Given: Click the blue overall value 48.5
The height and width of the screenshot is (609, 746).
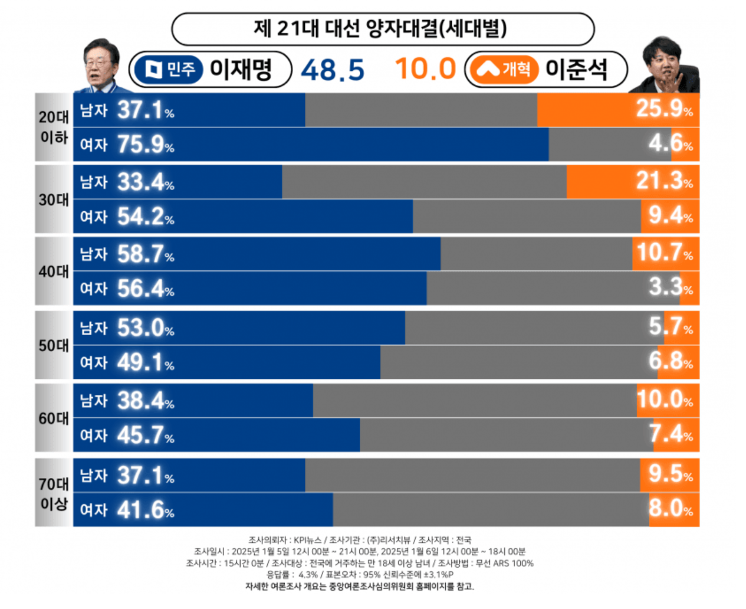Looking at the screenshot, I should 333,70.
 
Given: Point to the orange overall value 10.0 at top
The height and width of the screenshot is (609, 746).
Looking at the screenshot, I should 425,68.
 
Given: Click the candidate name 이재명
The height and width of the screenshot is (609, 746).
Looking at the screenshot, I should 241,69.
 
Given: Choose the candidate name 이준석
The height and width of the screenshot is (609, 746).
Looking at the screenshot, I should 576,69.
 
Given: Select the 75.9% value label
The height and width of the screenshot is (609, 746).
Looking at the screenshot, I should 145,145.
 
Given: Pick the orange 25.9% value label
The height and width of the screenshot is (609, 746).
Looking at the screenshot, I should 664,109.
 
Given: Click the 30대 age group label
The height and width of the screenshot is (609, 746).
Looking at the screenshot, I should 54,200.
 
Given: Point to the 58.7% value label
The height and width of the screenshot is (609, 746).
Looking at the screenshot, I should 145,254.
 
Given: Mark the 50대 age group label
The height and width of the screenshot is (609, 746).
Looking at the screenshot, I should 54,345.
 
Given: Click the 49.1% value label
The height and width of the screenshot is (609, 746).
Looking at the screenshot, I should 145,362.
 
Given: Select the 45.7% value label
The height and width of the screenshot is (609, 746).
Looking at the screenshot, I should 145,436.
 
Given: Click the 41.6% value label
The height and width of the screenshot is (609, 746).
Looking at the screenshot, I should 145,510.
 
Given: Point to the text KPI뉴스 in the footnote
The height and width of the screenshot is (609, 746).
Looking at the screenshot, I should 307,540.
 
